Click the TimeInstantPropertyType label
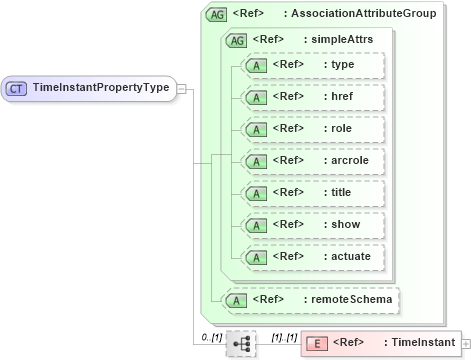coord(101,87)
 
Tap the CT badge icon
coord(17,88)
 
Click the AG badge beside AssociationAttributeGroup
coord(216,15)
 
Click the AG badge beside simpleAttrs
coord(237,41)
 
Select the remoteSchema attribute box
coord(311,299)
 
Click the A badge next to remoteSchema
coord(236,300)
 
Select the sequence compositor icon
coord(242,343)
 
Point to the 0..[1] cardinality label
coord(211,337)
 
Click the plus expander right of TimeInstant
coord(466,343)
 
